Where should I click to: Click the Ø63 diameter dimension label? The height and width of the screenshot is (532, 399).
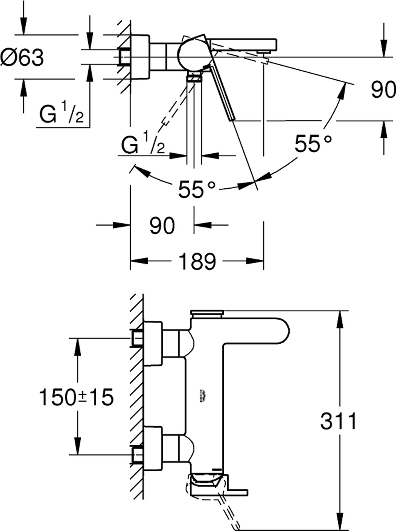[22, 57]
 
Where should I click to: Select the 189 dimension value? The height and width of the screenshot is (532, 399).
[197, 261]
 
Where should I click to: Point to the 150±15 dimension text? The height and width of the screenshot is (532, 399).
[76, 397]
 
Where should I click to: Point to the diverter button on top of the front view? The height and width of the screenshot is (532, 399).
[207, 313]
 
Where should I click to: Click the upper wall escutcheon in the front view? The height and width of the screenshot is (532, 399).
[153, 344]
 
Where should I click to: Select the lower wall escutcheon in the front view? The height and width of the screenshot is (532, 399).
[153, 449]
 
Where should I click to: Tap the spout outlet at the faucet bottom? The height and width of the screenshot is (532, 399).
[207, 484]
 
